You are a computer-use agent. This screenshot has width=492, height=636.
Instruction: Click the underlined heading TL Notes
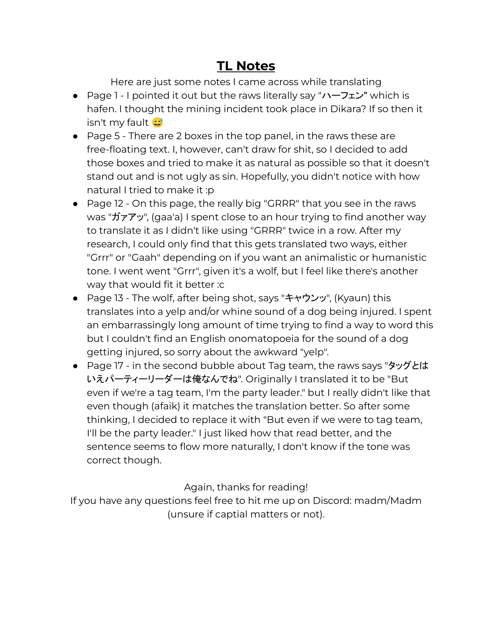246,66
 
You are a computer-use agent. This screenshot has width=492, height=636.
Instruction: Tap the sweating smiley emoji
157,122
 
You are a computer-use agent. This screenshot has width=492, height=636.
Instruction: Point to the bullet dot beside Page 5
75,136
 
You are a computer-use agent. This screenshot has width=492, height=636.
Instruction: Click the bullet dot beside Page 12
75,204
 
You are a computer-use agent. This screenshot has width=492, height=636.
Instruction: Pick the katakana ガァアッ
128,217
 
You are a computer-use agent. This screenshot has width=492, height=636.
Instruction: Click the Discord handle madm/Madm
388,500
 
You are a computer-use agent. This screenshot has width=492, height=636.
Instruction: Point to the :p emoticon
210,190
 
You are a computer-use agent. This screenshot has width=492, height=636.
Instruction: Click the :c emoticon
220,284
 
